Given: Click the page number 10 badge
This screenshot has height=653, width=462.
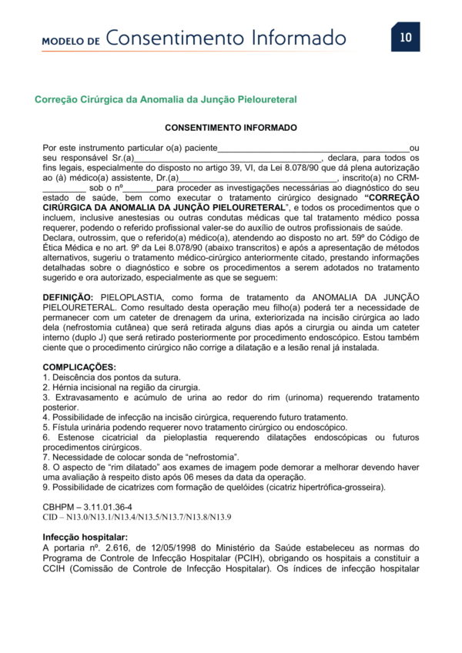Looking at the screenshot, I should click(406, 36).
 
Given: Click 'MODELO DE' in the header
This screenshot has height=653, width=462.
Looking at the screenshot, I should click(71, 40).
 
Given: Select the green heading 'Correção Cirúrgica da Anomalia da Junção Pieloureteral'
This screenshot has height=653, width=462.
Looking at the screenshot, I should click(166, 99).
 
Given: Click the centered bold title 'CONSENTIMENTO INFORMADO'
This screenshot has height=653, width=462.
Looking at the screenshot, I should click(231, 127).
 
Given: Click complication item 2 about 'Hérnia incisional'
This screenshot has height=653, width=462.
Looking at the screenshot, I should click(121, 387).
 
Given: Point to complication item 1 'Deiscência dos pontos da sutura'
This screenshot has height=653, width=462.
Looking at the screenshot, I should click(112, 377).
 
